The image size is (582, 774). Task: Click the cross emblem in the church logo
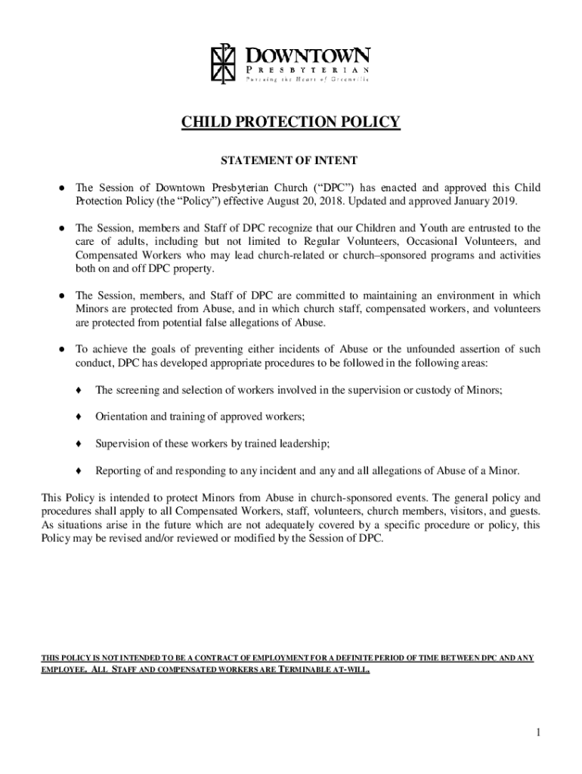(x=224, y=66)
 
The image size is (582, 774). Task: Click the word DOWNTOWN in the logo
(x=308, y=55)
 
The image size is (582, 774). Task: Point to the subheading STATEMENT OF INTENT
(x=289, y=160)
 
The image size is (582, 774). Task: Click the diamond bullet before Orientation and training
(x=79, y=416)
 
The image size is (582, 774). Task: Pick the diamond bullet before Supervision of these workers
(x=79, y=444)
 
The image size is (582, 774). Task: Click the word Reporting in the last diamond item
(x=117, y=471)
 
